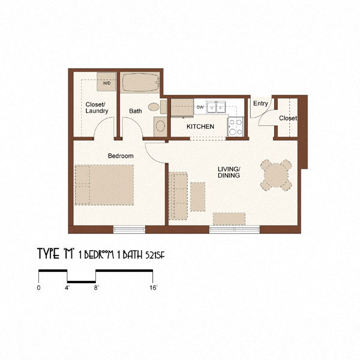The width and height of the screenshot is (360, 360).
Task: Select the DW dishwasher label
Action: tap(200, 108)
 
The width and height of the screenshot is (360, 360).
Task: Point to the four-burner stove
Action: tap(235, 127)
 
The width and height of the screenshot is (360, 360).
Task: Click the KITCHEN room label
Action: tap(200, 127)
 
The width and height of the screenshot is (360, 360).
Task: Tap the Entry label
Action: tap(260, 104)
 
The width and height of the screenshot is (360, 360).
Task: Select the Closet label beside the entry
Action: tap(287, 118)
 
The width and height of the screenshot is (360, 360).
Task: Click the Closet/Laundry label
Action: tap(97, 107)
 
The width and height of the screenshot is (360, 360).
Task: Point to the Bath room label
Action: tap(136, 111)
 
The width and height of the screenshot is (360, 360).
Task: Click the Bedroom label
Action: tap(120, 156)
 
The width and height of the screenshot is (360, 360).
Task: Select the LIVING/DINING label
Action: tap(229, 172)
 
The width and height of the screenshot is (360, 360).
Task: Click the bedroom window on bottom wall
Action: tap(130, 229)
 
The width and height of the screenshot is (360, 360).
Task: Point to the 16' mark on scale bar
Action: tap(153, 288)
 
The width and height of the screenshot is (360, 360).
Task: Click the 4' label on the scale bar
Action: tap(67, 288)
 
